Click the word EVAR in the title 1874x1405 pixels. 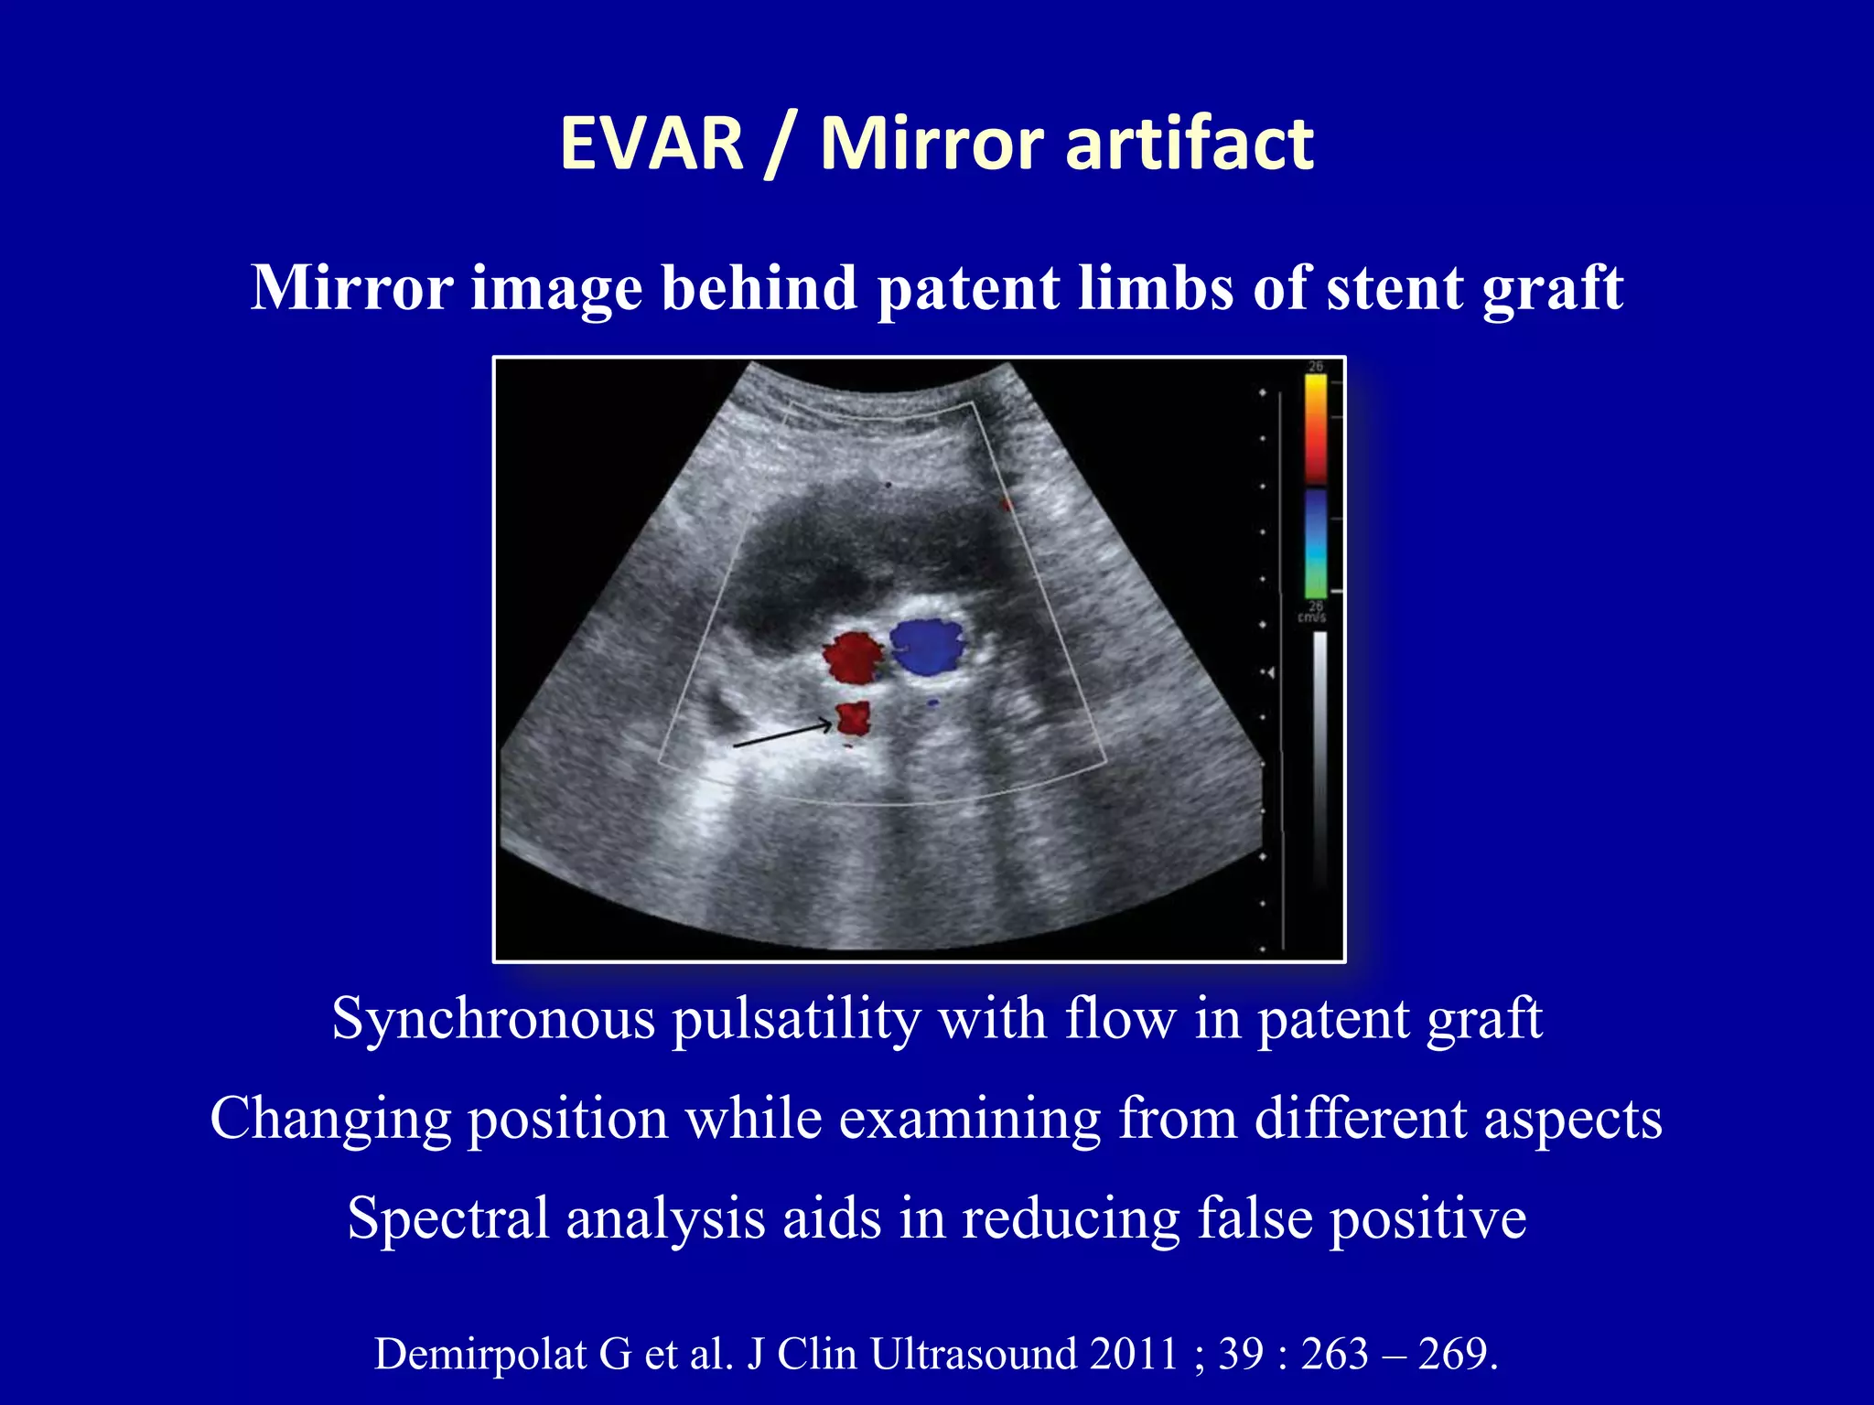pyautogui.click(x=652, y=144)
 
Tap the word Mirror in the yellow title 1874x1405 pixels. pyautogui.click(x=932, y=144)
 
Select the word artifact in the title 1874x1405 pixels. pyautogui.click(x=1190, y=144)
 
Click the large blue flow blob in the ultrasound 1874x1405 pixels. pyautogui.click(x=928, y=645)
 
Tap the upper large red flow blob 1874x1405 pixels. pyautogui.click(x=853, y=656)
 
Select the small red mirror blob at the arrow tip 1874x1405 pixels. pyautogui.click(x=854, y=719)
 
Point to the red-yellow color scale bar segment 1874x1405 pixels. pyautogui.click(x=1316, y=428)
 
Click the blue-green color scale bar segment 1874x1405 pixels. pyautogui.click(x=1316, y=543)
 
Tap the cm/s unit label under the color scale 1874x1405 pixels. pyautogui.click(x=1312, y=618)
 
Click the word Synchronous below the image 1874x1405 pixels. pyautogui.click(x=493, y=1019)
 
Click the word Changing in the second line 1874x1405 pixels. pyautogui.click(x=330, y=1119)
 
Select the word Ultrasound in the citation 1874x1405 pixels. pyautogui.click(x=973, y=1355)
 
